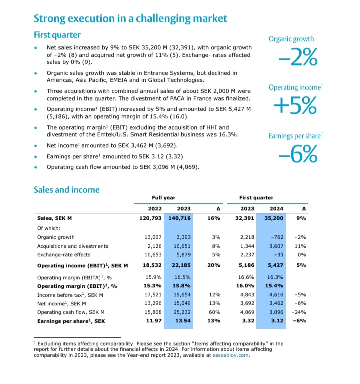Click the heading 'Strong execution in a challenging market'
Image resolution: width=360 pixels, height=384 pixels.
coord(130,19)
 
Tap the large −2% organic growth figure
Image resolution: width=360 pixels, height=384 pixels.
coord(298,58)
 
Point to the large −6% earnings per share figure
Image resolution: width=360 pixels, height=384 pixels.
coord(298,154)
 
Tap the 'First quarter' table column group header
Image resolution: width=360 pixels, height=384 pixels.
coord(256,198)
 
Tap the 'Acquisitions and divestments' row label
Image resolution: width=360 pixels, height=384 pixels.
coord(73,246)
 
